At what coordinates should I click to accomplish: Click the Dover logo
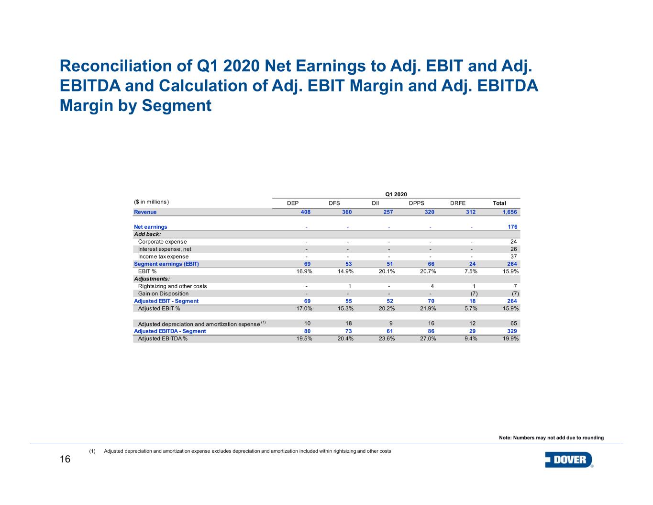click(x=569, y=460)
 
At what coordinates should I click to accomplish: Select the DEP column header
click(x=293, y=203)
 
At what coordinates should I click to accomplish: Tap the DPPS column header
click(x=416, y=203)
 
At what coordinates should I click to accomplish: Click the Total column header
click(x=499, y=203)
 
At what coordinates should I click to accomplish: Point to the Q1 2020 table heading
click(x=396, y=194)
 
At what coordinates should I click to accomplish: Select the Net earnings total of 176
click(x=512, y=227)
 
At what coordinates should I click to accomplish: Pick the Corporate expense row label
click(x=162, y=242)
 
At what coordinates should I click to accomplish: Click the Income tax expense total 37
click(x=513, y=257)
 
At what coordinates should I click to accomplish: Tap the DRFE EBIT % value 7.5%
click(x=471, y=271)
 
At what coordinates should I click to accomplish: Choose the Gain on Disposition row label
click(x=163, y=293)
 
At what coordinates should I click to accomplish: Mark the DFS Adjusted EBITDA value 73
click(x=349, y=331)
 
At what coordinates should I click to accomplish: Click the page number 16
click(x=65, y=460)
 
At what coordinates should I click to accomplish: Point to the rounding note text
click(x=551, y=438)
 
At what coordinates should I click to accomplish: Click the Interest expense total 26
click(x=513, y=249)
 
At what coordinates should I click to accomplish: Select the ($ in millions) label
click(x=152, y=202)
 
